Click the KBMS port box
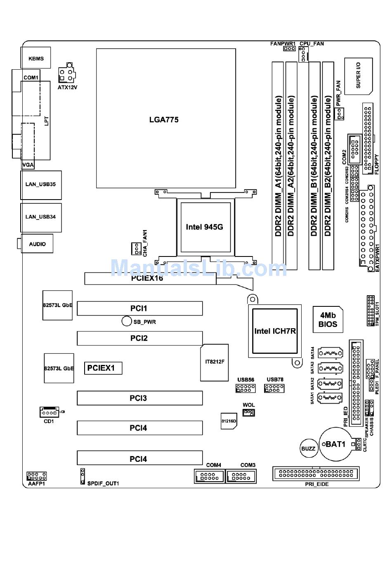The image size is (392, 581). [x=36, y=58]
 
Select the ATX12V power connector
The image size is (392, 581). [x=67, y=74]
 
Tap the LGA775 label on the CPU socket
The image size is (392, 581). [x=164, y=120]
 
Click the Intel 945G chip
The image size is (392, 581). [x=204, y=227]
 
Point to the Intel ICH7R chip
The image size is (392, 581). [x=275, y=331]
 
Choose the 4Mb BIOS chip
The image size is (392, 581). [x=328, y=320]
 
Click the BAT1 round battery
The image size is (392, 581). [x=335, y=444]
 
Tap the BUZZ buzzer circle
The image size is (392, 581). [x=308, y=449]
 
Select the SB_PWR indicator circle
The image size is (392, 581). [x=127, y=321]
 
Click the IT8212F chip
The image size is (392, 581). [x=215, y=362]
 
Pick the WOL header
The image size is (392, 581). [x=248, y=412]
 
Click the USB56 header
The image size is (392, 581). [x=246, y=388]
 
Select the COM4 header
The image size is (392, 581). [x=210, y=476]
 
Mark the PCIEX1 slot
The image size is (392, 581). [x=103, y=368]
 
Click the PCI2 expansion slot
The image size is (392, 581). [x=139, y=338]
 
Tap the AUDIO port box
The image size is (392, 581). [x=37, y=244]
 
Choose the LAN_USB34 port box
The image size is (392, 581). [x=40, y=217]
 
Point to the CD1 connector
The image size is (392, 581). [x=50, y=412]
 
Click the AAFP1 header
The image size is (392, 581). [x=37, y=476]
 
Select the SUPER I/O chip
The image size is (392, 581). [x=358, y=76]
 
